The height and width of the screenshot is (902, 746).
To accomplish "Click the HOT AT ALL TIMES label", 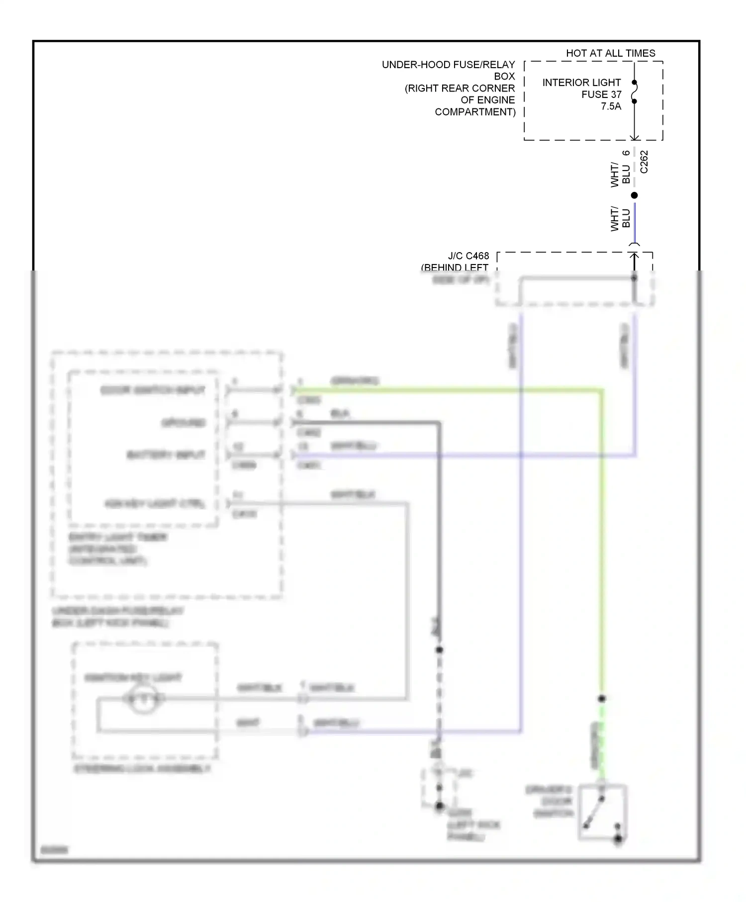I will (x=610, y=53).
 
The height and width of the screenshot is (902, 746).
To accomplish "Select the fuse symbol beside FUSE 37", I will (x=634, y=92).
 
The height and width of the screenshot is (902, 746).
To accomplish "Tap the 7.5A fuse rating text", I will (x=611, y=106).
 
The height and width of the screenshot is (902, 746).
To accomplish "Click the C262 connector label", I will (x=644, y=162).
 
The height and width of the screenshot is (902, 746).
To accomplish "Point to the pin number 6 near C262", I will (x=626, y=153).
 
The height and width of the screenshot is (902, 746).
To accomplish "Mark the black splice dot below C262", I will (x=634, y=195).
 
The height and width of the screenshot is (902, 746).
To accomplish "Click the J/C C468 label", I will (x=468, y=256).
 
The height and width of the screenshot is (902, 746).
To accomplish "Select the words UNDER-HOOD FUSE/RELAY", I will (x=448, y=65).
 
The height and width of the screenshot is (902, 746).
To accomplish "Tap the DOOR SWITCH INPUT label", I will (x=152, y=390).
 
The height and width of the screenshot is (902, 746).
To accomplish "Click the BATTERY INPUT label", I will (x=166, y=455).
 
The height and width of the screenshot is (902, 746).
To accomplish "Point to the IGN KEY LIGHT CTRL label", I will (x=155, y=504).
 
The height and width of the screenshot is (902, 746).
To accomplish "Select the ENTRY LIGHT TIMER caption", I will (x=117, y=537).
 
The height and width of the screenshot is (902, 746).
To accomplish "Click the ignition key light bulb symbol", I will (x=143, y=699).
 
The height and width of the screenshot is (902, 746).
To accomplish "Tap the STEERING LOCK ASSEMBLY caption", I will (x=142, y=769).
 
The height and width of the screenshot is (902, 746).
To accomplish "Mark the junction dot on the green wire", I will (x=602, y=699).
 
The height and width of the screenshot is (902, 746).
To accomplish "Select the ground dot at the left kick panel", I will (x=439, y=806).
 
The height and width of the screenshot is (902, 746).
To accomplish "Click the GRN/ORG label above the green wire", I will (x=355, y=381).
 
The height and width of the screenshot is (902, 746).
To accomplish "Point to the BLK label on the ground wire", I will (x=340, y=413).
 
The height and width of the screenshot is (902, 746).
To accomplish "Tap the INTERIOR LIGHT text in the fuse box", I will (x=581, y=83).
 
